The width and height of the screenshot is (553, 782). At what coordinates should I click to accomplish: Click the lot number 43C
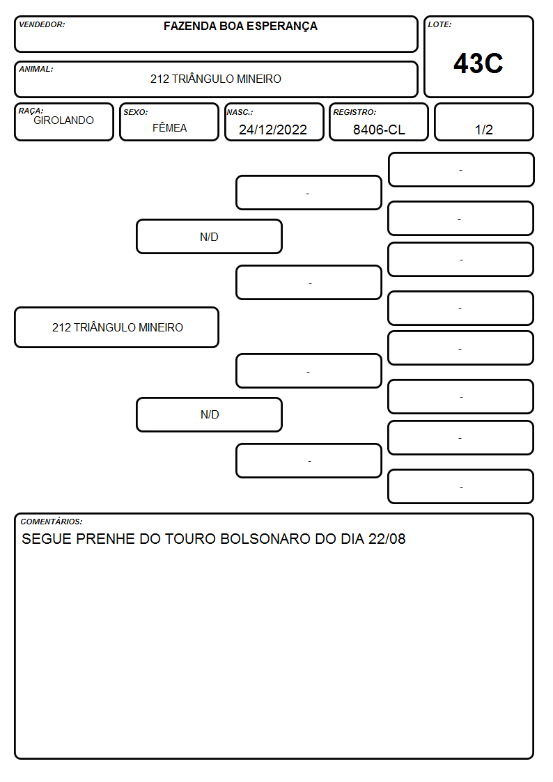(x=478, y=63)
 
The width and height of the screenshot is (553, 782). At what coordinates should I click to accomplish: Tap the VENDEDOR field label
(x=42, y=24)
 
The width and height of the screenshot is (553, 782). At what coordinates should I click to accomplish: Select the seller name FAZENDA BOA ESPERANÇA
(x=240, y=26)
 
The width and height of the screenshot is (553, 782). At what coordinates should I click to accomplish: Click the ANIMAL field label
(x=36, y=70)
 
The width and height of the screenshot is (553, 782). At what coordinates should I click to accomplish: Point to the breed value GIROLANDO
(x=64, y=120)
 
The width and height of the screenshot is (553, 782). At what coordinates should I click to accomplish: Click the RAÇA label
(x=31, y=111)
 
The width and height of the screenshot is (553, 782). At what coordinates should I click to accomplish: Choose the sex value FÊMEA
(x=169, y=127)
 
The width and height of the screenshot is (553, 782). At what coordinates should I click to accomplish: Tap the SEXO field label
(x=136, y=112)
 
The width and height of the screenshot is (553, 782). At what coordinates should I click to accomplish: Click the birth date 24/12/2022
(x=273, y=130)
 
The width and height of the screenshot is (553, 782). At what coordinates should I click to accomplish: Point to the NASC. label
(x=240, y=112)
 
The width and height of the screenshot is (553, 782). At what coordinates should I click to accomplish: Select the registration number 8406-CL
(x=379, y=130)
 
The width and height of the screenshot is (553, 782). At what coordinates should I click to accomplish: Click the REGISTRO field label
(x=355, y=112)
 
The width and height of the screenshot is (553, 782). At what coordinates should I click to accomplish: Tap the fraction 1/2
(x=483, y=130)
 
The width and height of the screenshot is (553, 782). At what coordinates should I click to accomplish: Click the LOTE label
(x=439, y=24)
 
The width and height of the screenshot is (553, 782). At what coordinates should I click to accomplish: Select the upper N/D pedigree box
(x=210, y=236)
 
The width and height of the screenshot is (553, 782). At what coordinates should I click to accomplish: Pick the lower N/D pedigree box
(x=210, y=414)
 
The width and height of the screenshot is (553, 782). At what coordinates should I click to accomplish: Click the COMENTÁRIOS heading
(x=52, y=522)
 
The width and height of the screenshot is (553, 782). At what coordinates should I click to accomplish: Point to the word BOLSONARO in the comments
(x=265, y=539)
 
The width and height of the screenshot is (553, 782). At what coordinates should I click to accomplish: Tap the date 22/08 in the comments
(x=387, y=539)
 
